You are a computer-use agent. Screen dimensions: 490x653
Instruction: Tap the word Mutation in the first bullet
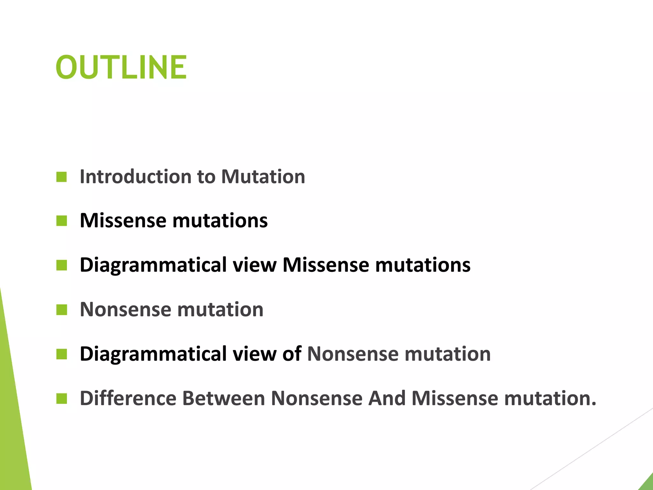point(263,176)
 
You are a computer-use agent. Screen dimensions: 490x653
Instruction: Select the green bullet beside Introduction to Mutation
point(62,177)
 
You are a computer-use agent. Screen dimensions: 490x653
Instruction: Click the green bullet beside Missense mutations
point(62,220)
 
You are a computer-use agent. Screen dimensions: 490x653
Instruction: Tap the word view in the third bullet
point(254,265)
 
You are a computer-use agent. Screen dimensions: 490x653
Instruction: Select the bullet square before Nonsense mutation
point(62,309)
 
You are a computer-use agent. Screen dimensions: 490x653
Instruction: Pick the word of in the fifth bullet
point(292,354)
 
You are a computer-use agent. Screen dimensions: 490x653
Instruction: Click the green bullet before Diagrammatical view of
point(62,354)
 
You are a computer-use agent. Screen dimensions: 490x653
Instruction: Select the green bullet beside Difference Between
point(62,398)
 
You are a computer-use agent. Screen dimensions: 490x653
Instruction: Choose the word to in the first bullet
point(206,176)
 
